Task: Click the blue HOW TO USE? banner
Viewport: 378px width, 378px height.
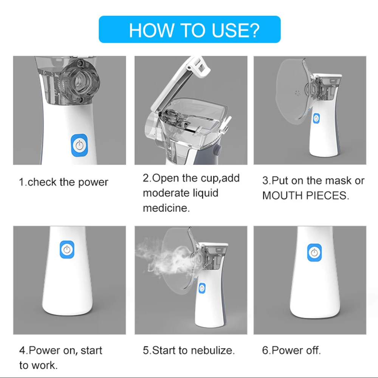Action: pos(190,29)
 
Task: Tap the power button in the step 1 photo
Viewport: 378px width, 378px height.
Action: pos(79,146)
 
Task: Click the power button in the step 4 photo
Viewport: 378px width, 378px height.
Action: pos(67,249)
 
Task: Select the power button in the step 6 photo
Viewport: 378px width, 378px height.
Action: pos(314,253)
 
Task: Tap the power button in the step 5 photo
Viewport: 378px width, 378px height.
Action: pos(202,288)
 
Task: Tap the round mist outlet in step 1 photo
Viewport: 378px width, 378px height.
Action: pos(79,81)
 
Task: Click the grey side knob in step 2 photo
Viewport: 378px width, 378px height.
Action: pos(218,150)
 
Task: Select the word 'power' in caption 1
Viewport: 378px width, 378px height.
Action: pos(93,183)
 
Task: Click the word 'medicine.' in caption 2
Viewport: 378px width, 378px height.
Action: pos(166,208)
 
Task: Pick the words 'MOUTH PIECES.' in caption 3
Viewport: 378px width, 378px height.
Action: pos(306,195)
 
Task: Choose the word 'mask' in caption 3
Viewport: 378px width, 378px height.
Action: pos(338,181)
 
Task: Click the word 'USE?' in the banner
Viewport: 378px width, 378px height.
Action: pos(235,30)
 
